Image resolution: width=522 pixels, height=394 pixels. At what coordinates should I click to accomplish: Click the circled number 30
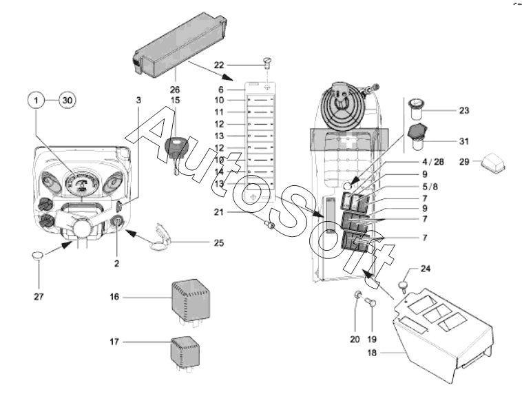coord(67,100)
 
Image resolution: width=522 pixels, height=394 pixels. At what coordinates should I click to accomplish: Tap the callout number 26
coord(175,89)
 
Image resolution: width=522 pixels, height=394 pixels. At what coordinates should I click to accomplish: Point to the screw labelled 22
coord(267,65)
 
